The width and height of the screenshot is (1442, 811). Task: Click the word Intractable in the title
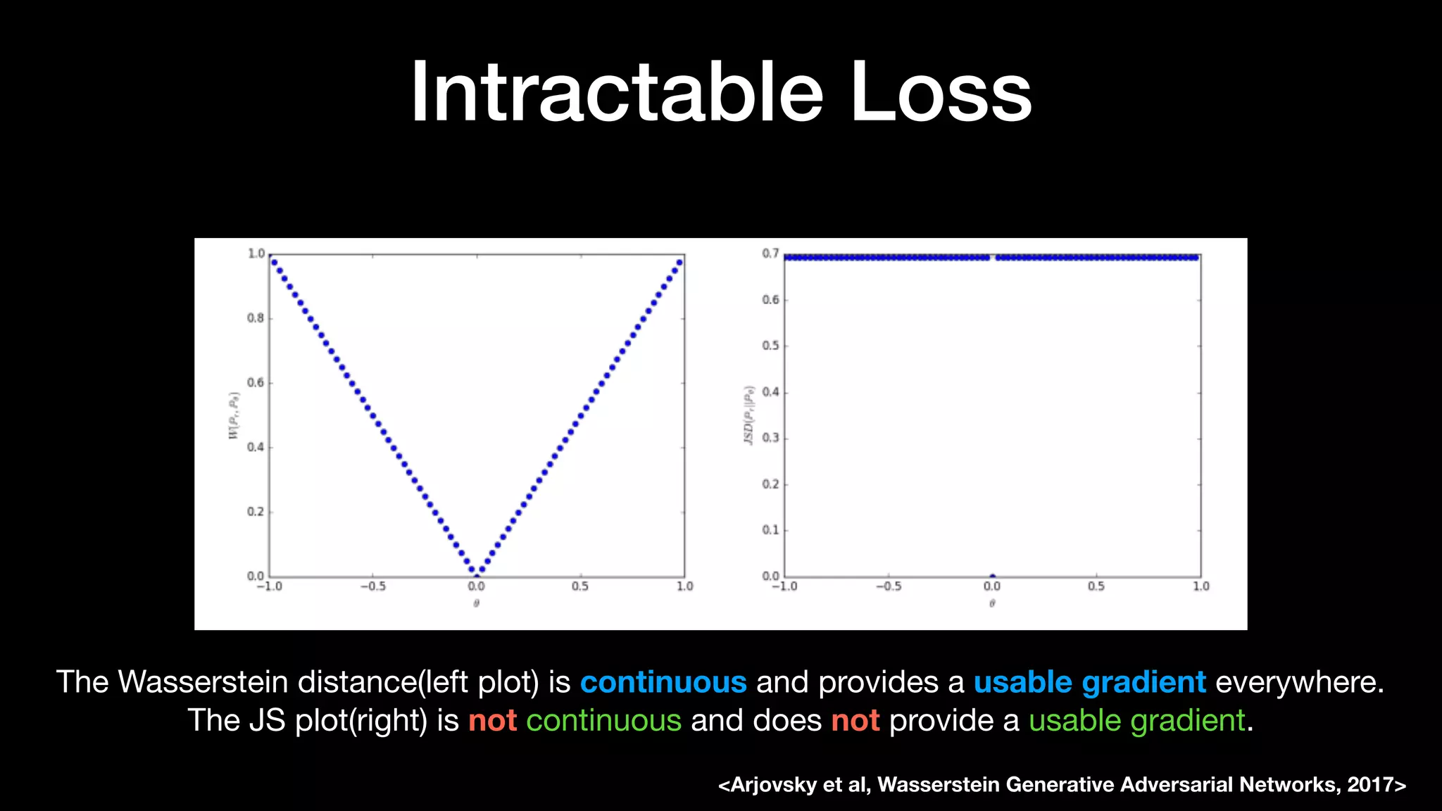point(616,93)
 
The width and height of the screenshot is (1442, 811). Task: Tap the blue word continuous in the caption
point(663,682)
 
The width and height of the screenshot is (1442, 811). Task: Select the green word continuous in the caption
point(603,721)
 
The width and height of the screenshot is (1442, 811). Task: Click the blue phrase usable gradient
point(1089,682)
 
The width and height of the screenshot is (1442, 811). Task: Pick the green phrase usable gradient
point(1136,721)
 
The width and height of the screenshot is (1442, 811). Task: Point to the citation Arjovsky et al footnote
point(1062,784)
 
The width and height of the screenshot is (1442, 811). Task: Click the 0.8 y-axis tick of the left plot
point(256,318)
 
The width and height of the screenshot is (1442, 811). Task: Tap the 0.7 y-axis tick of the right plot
point(770,253)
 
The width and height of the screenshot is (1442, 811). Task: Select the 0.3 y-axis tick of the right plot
point(770,438)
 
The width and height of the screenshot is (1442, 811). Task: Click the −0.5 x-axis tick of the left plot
point(372,586)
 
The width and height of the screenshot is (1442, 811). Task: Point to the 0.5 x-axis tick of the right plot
point(1096,586)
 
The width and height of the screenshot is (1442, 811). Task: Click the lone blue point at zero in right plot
point(992,576)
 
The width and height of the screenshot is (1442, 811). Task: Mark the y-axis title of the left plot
point(234,415)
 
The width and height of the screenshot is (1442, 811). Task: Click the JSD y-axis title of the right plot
point(749,415)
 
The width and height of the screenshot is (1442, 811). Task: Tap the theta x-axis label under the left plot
point(477,603)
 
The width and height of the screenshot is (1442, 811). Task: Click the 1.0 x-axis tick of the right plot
point(1200,586)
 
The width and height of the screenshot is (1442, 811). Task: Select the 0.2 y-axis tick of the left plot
point(256,512)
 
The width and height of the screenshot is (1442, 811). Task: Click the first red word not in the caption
point(492,721)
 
